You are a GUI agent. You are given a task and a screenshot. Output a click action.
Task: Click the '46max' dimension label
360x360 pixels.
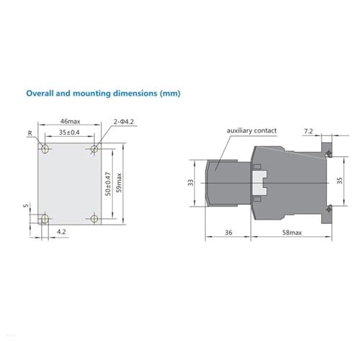pyautogui.click(x=70, y=122)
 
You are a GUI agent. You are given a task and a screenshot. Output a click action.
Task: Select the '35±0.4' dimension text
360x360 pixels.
pyautogui.click(x=69, y=132)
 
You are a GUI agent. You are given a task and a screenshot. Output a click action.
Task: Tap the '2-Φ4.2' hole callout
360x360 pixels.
pyautogui.click(x=124, y=122)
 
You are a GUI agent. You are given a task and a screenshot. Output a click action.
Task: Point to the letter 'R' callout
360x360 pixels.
pyautogui.click(x=30, y=133)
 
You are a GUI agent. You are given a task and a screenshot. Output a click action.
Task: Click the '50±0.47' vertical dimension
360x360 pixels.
pyautogui.click(x=108, y=184)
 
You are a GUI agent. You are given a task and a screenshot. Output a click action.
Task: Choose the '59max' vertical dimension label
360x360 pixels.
pyautogui.click(x=119, y=183)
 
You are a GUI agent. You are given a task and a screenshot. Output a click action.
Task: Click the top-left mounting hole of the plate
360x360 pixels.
pyautogui.click(x=45, y=149)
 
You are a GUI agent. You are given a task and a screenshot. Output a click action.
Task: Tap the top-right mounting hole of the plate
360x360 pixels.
pyautogui.click(x=94, y=149)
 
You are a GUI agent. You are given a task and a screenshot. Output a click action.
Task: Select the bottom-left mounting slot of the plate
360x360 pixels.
pyautogui.click(x=45, y=219)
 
